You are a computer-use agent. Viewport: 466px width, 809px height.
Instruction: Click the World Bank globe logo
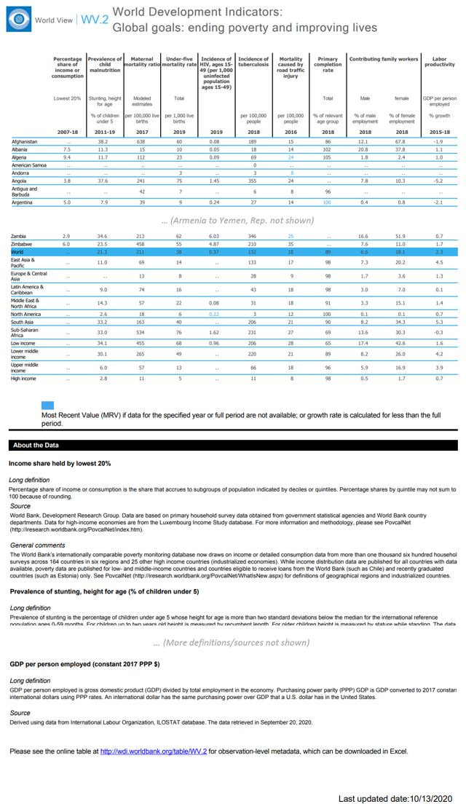click(x=17, y=20)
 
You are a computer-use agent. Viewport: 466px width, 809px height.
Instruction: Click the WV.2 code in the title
click(x=94, y=20)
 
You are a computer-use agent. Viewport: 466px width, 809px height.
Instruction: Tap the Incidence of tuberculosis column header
click(x=253, y=62)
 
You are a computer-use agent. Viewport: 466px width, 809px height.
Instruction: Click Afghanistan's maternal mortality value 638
click(x=141, y=141)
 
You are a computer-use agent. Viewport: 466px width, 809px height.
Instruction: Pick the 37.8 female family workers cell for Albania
click(x=401, y=149)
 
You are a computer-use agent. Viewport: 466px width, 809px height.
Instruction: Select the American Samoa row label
click(x=30, y=165)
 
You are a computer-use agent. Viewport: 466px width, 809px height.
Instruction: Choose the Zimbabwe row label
click(x=23, y=244)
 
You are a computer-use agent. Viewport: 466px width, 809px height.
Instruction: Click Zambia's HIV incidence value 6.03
click(x=216, y=237)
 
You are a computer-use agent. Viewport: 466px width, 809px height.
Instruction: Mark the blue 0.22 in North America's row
click(x=216, y=314)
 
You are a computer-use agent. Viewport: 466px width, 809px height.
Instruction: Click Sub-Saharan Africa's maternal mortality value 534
click(x=141, y=331)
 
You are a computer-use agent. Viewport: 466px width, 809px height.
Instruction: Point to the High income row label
click(x=24, y=379)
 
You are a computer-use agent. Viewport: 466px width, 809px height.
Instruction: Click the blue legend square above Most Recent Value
click(x=47, y=406)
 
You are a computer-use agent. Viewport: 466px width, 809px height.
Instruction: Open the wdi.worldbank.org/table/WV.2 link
click(x=154, y=751)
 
